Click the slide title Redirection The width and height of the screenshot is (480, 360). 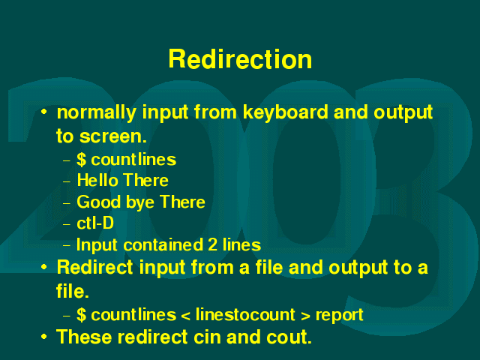240,59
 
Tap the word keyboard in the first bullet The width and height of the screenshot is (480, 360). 286,112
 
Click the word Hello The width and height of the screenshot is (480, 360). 97,180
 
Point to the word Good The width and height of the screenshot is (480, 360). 98,202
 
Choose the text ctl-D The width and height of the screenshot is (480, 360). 95,223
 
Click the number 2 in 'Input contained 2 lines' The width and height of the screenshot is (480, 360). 212,245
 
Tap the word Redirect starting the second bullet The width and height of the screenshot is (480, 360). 94,267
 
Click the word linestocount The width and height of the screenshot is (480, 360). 245,315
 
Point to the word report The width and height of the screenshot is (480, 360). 339,316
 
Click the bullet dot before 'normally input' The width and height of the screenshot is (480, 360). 44,112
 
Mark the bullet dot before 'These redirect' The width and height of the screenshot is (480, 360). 44,337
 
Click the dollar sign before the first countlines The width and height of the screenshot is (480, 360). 82,160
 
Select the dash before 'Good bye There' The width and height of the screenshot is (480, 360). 67,203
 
